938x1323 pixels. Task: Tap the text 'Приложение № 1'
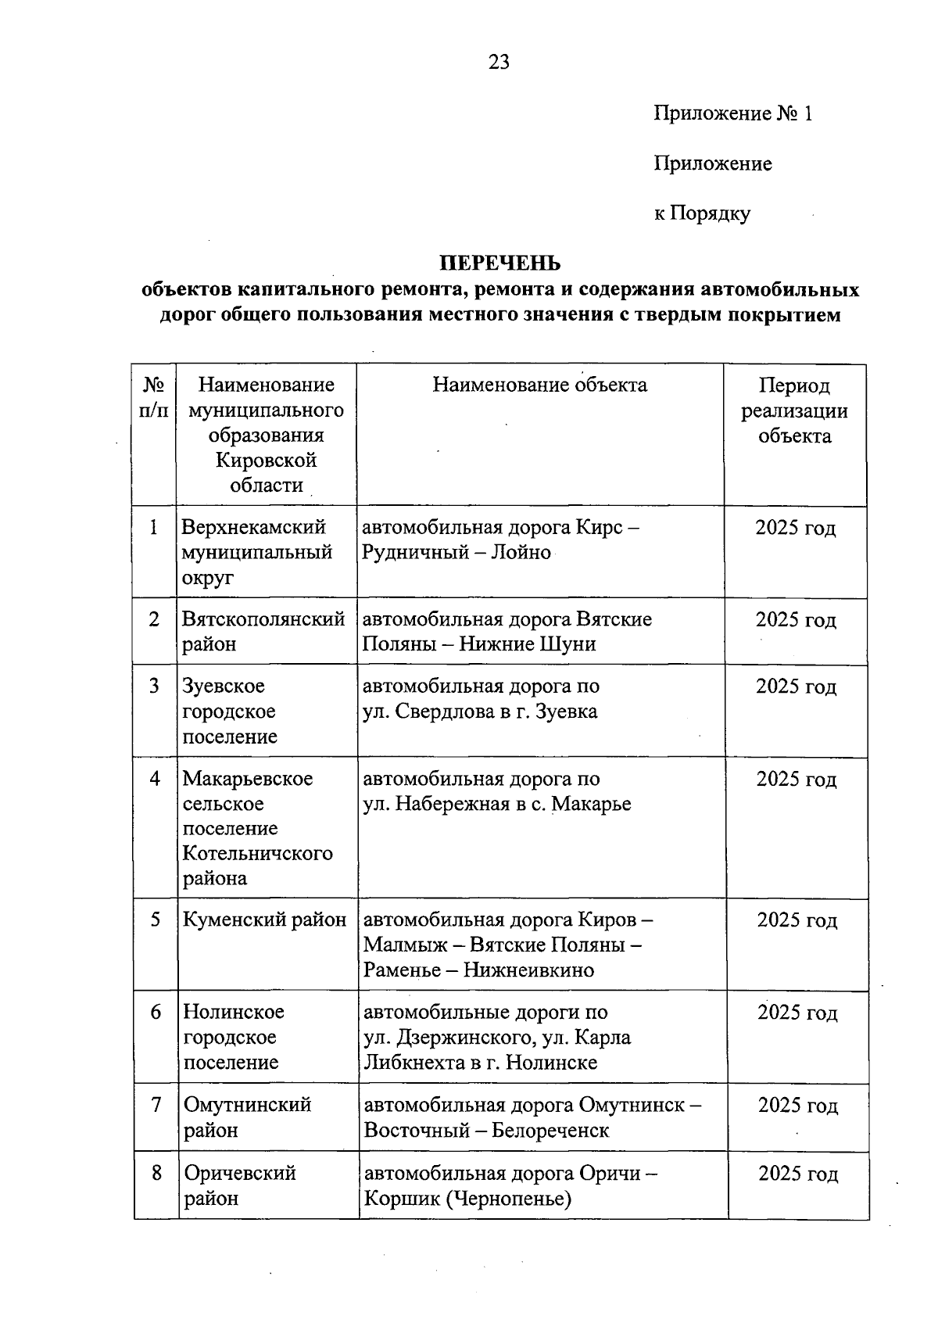pos(733,114)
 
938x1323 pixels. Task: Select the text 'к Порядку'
pos(702,213)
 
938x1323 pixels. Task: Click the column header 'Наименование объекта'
pos(540,385)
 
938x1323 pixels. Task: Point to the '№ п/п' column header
pos(154,397)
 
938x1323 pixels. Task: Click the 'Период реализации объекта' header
pos(795,411)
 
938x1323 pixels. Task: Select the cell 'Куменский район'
pos(264,920)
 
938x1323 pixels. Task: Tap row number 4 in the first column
pos(156,779)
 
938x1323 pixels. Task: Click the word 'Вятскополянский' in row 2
pos(263,619)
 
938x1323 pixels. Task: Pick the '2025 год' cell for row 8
pos(798,1174)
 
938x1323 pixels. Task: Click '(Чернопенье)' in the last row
pos(509,1199)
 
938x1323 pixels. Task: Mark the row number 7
pos(156,1105)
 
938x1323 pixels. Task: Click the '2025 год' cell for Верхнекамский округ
pos(796,528)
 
